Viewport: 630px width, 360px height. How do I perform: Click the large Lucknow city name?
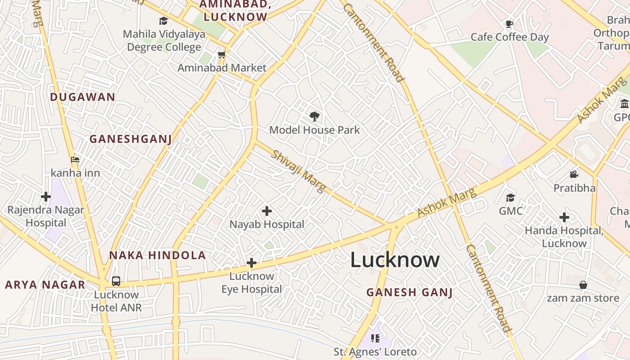395,260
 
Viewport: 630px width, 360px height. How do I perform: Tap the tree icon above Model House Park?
315,117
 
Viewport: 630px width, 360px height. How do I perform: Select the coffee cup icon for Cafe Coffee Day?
509,24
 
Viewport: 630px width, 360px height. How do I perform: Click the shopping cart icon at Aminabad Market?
221,55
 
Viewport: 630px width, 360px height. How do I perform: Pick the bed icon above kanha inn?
75,160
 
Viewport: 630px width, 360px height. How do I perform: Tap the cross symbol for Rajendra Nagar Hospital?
46,197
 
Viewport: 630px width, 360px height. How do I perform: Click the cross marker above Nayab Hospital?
267,211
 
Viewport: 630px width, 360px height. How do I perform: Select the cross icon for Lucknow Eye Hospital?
252,263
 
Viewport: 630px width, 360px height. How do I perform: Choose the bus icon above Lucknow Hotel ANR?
116,281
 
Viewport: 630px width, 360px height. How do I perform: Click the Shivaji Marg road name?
297,171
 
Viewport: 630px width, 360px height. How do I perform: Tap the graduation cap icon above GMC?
510,198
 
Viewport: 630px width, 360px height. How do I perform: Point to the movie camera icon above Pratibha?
574,174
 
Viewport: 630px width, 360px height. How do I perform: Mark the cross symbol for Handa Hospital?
564,218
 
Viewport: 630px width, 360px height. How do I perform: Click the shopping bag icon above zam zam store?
583,285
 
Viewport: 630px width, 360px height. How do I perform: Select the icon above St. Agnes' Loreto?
375,338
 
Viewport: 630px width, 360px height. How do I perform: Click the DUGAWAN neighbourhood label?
83,97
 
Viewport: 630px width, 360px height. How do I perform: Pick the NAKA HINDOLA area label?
157,256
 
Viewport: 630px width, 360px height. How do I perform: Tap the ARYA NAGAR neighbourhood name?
45,285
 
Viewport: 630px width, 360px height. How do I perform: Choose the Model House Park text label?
315,130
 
